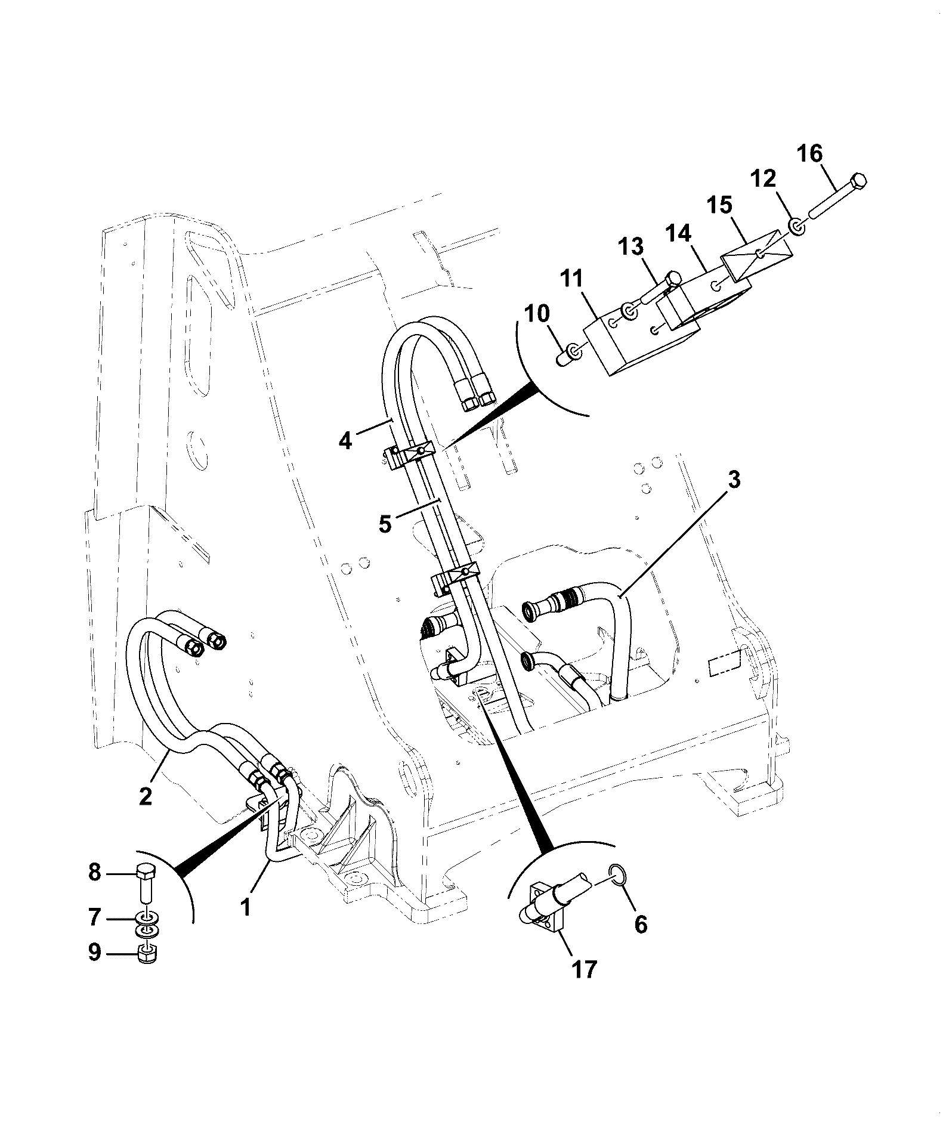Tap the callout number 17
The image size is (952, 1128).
[584, 969]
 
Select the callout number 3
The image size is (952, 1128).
[734, 480]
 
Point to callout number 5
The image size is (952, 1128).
[385, 524]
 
